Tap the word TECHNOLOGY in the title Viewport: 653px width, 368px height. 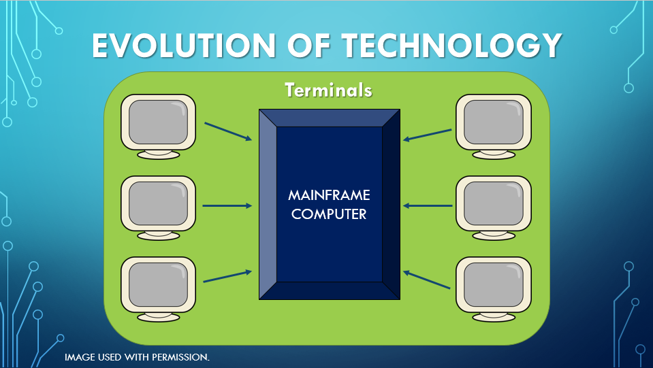pos(451,46)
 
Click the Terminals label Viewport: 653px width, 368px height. pos(328,90)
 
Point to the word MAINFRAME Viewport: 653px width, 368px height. pos(329,195)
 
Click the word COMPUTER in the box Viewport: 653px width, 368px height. pos(329,214)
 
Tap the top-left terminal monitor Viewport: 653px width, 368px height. pos(159,122)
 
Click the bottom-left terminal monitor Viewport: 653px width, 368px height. pos(159,284)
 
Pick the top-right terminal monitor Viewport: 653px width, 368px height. pos(493,122)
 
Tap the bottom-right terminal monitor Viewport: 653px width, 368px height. pos(493,284)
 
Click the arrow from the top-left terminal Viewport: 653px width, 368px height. pos(228,132)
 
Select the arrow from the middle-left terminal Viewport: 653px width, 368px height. pos(227,205)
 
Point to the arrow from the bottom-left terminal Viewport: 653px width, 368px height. pos(228,276)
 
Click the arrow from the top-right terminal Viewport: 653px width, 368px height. pos(427,135)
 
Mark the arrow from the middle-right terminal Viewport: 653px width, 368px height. pos(428,205)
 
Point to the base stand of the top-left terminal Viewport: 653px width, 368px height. pos(159,154)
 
